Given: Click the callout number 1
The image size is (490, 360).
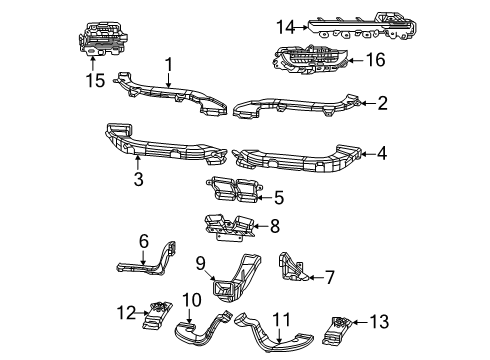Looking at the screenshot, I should [169, 63].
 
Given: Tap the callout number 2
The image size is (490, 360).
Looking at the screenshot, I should [381, 102].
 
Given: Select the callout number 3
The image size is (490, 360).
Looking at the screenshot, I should [138, 180].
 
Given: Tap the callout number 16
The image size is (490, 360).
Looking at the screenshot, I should [376, 60].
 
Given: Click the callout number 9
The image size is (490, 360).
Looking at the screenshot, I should [199, 264].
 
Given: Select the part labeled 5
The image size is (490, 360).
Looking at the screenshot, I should [231, 191].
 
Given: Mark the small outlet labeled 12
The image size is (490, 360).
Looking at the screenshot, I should [156, 315].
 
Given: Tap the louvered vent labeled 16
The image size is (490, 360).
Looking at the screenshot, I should [312, 61].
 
